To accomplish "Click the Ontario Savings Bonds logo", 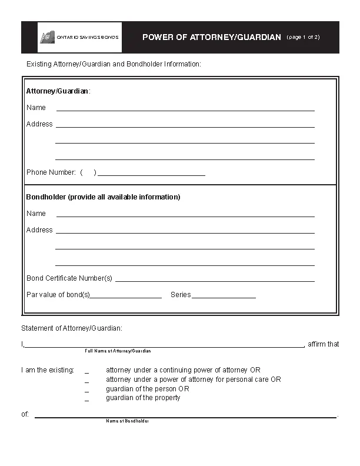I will pyautogui.click(x=80, y=37).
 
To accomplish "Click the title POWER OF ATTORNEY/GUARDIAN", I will pyautogui.click(x=211, y=37).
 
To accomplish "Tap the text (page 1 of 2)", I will pyautogui.click(x=303, y=37).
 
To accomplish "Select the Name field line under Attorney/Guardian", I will pyautogui.click(x=185, y=109).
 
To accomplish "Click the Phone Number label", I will pyautogui.click(x=51, y=172).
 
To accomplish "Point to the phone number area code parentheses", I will pyautogui.click(x=88, y=172).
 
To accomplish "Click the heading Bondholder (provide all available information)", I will pyautogui.click(x=103, y=197).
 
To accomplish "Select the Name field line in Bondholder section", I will pyautogui.click(x=185, y=215).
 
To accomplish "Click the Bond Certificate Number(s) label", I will pyautogui.click(x=69, y=278).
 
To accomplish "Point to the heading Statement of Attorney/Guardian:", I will pyautogui.click(x=72, y=328).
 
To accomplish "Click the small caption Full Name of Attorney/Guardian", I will pyautogui.click(x=118, y=351).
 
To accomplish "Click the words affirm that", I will pyautogui.click(x=324, y=344).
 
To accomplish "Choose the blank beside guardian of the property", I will pyautogui.click(x=86, y=400).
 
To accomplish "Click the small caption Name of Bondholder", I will pyautogui.click(x=127, y=421).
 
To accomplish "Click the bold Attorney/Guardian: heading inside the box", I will pyautogui.click(x=58, y=91).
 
